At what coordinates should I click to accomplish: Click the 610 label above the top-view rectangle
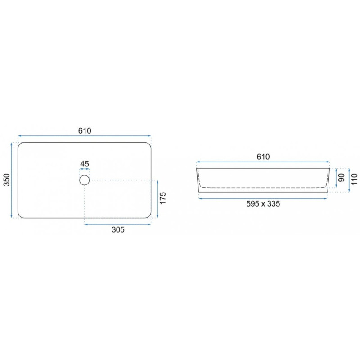click(85, 130)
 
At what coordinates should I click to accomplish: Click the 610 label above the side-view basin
click(263, 157)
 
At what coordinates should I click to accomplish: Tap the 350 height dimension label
click(7, 180)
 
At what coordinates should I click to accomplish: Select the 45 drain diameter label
click(85, 164)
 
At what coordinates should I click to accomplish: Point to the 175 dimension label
click(162, 198)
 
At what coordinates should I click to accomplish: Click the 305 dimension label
click(118, 229)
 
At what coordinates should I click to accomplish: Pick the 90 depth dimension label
click(342, 177)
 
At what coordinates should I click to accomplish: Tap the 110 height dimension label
click(354, 179)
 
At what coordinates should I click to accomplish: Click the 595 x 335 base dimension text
click(263, 204)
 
